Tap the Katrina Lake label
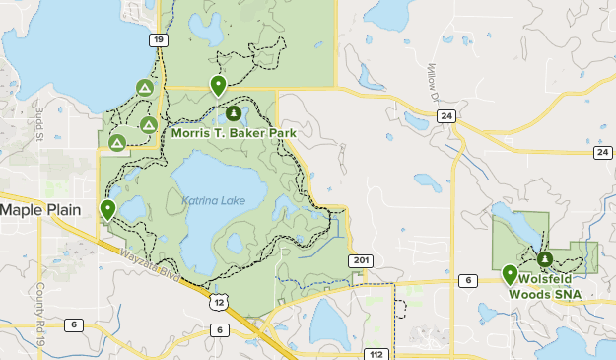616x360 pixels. (x=213, y=201)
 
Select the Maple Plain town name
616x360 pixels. (x=38, y=210)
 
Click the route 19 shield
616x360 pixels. (x=158, y=39)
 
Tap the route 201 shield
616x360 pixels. (x=360, y=260)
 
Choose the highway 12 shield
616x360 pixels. (x=216, y=297)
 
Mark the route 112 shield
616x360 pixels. (x=375, y=353)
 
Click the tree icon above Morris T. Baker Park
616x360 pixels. (x=234, y=113)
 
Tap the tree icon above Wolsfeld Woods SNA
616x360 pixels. (x=545, y=259)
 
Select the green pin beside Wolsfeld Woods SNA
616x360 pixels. (x=510, y=274)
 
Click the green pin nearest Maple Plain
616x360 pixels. (x=107, y=209)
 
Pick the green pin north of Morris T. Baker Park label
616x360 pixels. (x=218, y=85)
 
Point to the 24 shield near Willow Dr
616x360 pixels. (x=447, y=116)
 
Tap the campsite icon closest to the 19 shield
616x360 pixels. (x=145, y=89)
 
